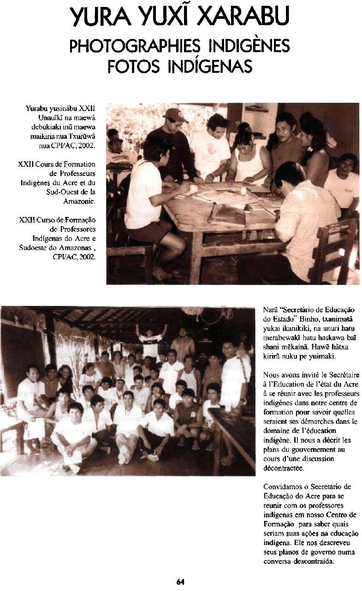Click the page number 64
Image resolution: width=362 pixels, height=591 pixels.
[181, 582]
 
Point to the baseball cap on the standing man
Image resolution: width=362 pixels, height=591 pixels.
[175, 114]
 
